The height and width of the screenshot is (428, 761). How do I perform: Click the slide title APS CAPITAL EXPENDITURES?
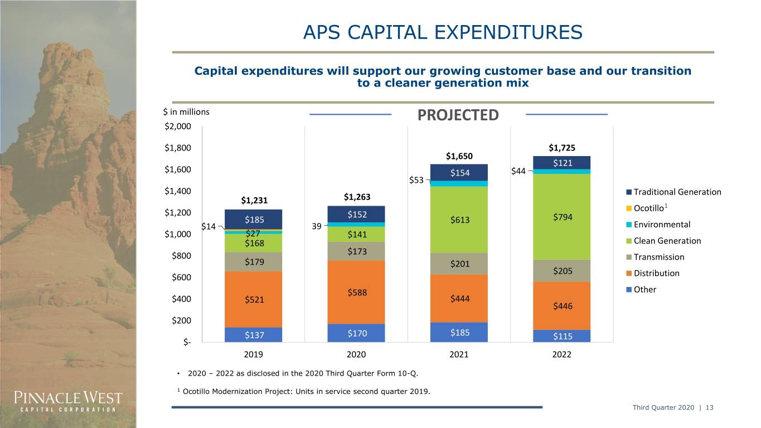click(443, 33)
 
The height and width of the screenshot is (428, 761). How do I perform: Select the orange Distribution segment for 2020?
click(356, 292)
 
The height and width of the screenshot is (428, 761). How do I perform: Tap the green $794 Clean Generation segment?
click(561, 217)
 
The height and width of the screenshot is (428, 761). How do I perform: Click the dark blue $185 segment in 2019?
click(254, 220)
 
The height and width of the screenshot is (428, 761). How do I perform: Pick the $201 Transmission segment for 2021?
click(459, 264)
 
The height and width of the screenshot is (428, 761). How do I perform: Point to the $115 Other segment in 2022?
click(561, 336)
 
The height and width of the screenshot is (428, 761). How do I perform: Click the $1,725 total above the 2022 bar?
click(562, 148)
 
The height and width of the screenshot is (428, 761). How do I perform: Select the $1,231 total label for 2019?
click(254, 201)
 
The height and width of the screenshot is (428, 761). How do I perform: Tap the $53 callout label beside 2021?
click(416, 180)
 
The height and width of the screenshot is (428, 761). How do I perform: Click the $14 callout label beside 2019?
click(209, 227)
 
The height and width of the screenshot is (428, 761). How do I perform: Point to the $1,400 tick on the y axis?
click(178, 191)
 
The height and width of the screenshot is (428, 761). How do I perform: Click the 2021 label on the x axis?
click(459, 354)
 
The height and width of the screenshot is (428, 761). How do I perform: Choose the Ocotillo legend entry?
click(647, 208)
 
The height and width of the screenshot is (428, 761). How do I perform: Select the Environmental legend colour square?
click(629, 225)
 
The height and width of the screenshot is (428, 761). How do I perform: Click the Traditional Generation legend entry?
click(673, 192)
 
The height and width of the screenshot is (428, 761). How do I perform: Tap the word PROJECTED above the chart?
click(458, 115)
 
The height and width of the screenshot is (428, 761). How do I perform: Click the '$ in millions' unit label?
click(186, 112)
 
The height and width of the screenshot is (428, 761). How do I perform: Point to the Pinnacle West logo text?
click(68, 401)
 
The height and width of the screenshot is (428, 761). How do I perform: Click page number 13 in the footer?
click(709, 407)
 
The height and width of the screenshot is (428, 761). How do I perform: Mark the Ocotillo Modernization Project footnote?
click(304, 391)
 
